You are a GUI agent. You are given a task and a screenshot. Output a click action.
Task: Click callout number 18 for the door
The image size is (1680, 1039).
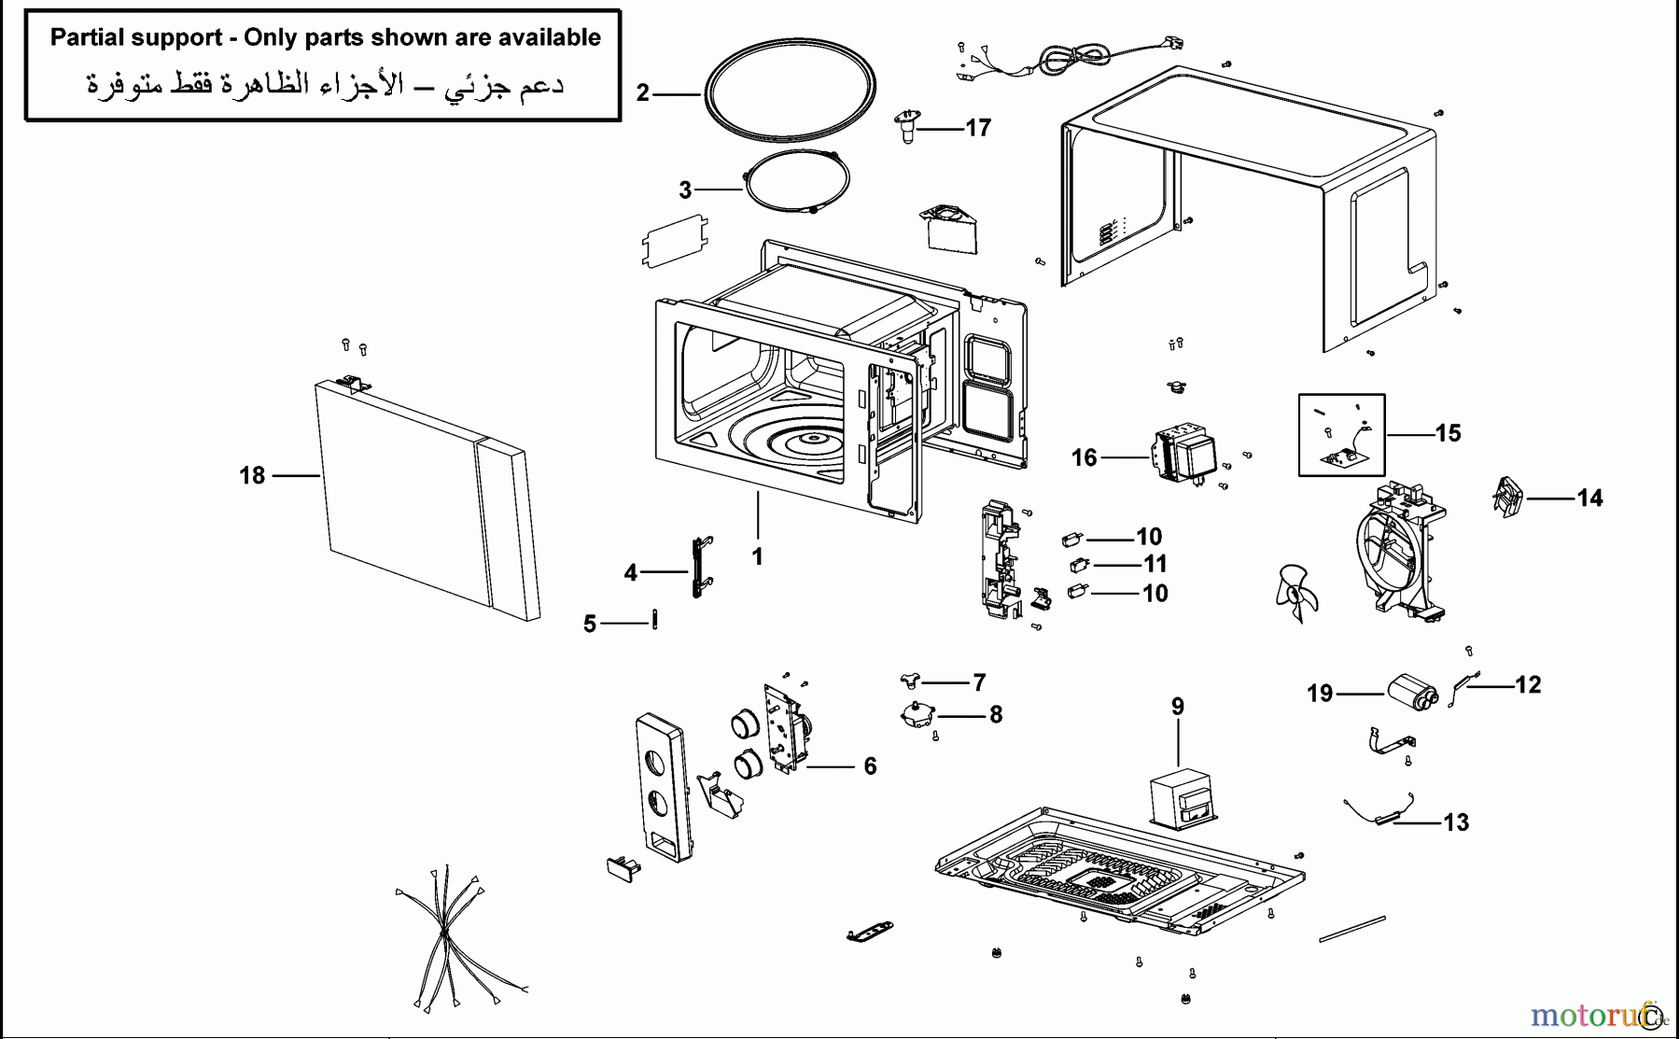point(252,476)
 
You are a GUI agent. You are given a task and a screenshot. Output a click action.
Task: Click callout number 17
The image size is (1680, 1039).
point(977,128)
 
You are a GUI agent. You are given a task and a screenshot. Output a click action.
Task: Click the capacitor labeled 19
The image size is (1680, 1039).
point(1415,694)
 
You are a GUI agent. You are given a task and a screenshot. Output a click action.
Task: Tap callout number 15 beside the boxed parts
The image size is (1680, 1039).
point(1448,433)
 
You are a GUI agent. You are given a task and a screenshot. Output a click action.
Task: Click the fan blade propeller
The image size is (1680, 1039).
point(1295,593)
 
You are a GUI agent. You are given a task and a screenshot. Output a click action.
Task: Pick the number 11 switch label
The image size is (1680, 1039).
point(1155,564)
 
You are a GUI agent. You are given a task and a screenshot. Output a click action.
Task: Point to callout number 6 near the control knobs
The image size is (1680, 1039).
point(870,766)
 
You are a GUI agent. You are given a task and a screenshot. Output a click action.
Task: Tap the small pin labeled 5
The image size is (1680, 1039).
point(654,619)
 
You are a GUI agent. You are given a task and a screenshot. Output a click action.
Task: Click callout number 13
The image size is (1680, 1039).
point(1456,822)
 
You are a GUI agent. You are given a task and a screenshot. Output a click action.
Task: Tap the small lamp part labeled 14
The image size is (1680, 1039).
point(1506,497)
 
